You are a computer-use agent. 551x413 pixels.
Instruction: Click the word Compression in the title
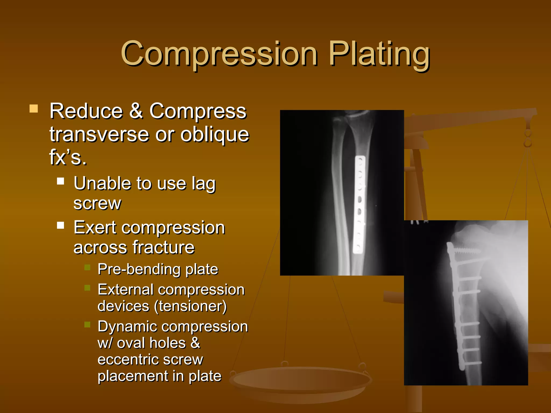[x=219, y=54]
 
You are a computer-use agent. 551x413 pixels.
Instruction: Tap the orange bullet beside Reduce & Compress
[x=34, y=109]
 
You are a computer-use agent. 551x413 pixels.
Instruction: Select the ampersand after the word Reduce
[x=136, y=111]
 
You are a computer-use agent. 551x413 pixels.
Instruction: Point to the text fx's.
[x=68, y=157]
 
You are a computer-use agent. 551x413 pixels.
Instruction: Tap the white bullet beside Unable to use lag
[x=61, y=181]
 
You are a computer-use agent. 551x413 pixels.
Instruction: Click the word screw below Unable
[x=97, y=203]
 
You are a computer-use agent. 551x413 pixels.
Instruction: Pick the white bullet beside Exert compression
[x=61, y=225]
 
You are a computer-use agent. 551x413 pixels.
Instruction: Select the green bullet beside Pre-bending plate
[x=87, y=267]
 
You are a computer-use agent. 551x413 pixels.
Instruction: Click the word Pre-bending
[x=139, y=269]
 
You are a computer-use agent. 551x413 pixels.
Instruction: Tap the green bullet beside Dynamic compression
[x=87, y=325]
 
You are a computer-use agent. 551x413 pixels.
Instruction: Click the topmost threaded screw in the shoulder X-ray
[x=468, y=251]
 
